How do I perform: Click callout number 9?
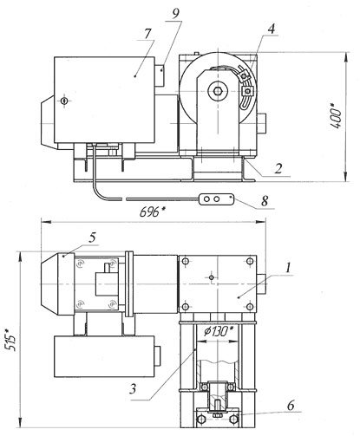175,14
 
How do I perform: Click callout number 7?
147,34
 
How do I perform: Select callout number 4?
271,29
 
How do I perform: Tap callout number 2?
278,168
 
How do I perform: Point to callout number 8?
265,201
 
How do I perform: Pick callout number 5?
92,238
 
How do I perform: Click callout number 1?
288,269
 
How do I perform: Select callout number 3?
133,389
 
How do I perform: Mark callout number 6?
291,406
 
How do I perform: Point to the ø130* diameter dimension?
217,332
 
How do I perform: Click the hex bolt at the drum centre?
218,91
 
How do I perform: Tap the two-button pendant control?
216,199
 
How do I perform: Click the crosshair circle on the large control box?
64,101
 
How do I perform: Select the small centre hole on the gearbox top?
212,277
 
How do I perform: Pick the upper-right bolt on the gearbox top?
250,262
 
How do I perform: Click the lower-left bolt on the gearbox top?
186,307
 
